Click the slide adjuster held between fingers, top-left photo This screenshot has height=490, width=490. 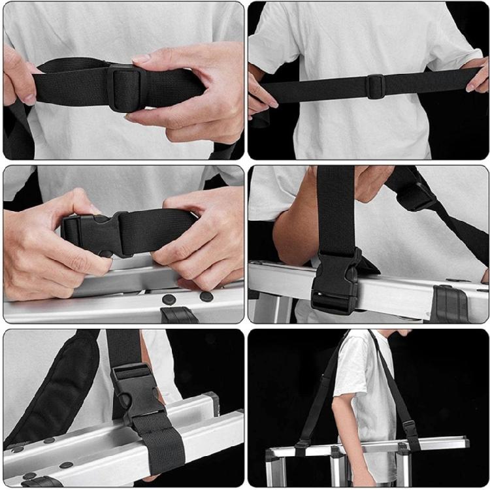pyautogui.click(x=124, y=86)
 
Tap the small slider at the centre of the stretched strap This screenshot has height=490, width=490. pyautogui.click(x=375, y=86)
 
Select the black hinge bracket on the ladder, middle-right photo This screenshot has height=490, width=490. pyautogui.click(x=451, y=304)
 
